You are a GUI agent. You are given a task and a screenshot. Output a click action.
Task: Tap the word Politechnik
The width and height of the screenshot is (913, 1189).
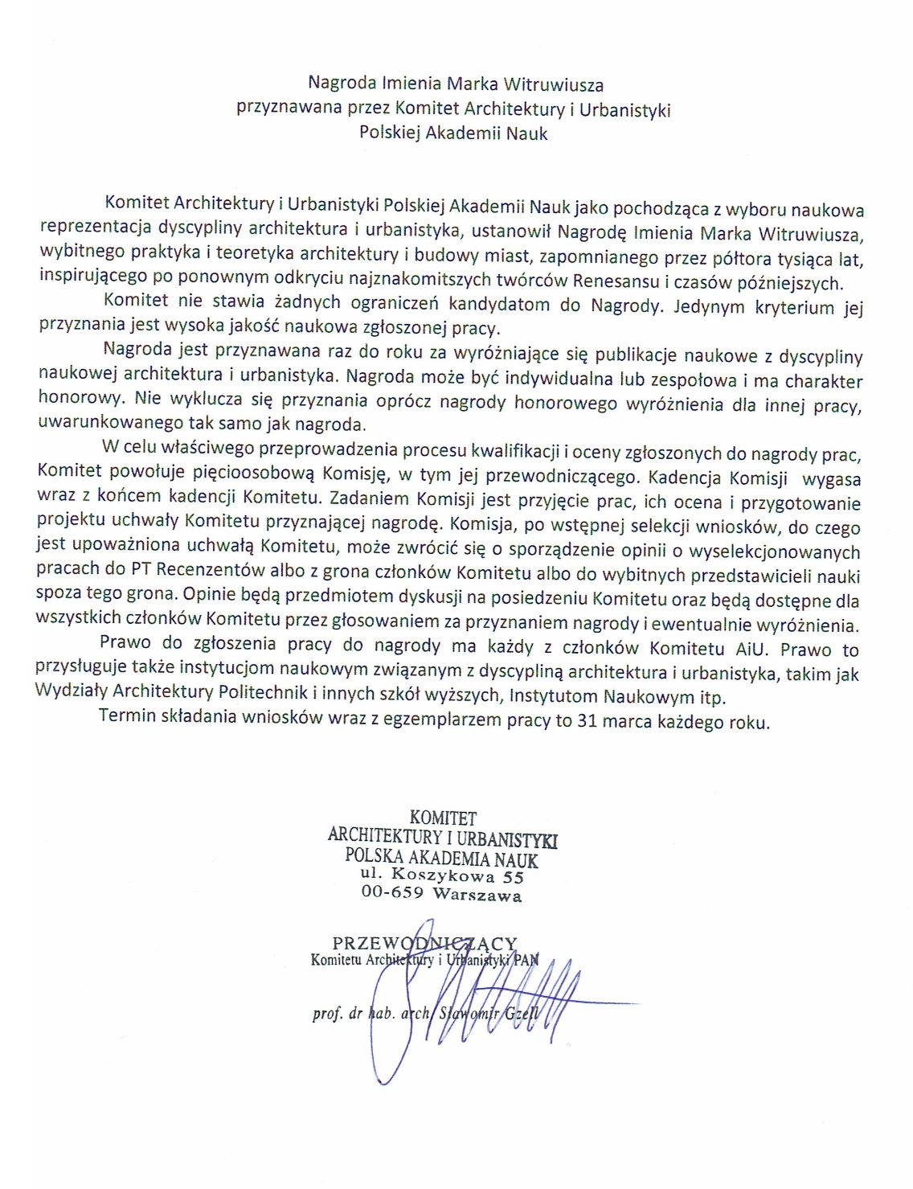[262, 691]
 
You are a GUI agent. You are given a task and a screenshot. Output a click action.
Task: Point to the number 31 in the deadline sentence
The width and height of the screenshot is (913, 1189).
[587, 720]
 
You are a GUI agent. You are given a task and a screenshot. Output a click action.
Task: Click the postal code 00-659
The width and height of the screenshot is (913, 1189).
[392, 892]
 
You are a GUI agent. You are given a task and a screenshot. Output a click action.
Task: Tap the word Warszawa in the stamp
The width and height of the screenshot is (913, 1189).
[477, 895]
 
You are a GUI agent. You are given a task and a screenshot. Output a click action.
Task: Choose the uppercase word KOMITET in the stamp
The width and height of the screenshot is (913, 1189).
[443, 818]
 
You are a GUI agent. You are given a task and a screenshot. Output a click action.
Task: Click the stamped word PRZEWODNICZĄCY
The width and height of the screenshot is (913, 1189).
[424, 942]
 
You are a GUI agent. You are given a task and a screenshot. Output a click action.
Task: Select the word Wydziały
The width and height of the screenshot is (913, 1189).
[71, 691]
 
